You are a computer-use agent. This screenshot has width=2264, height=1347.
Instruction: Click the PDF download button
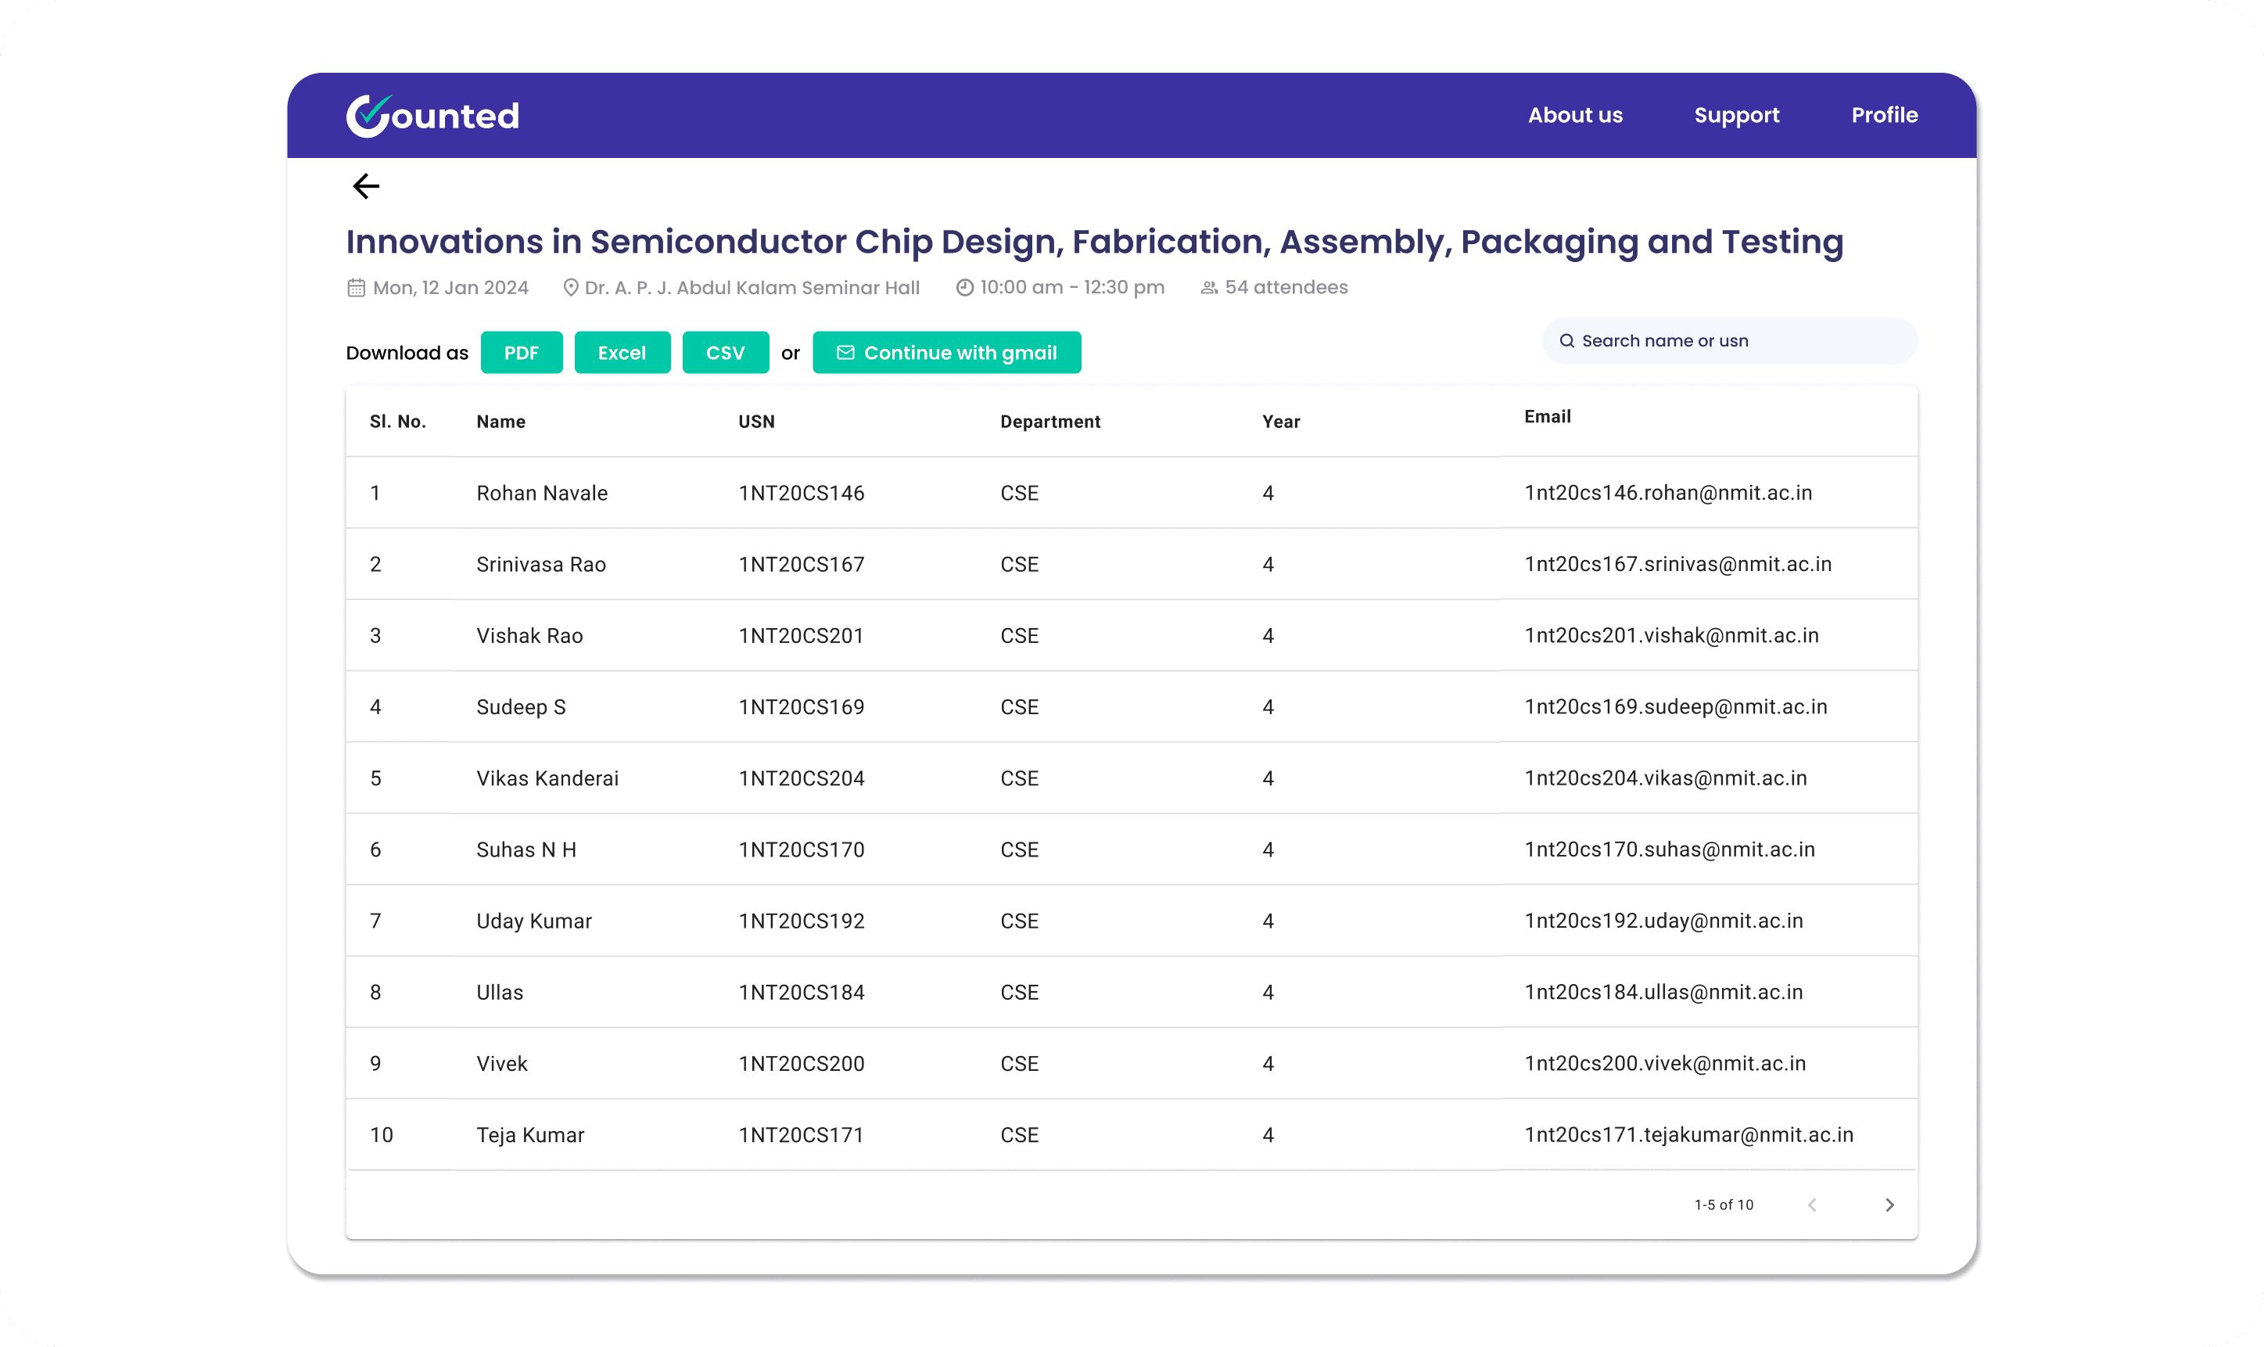pyautogui.click(x=521, y=352)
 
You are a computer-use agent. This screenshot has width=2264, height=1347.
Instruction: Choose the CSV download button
pyautogui.click(x=725, y=352)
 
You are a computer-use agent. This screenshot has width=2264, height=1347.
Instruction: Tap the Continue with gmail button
pyautogui.click(x=946, y=352)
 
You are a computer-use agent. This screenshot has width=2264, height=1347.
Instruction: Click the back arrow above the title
pyautogui.click(x=366, y=186)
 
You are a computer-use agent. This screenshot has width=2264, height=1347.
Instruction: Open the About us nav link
pyautogui.click(x=1574, y=115)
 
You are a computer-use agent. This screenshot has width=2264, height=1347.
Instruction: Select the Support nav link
pyautogui.click(x=1737, y=115)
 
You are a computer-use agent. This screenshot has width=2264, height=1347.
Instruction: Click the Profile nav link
pyautogui.click(x=1884, y=115)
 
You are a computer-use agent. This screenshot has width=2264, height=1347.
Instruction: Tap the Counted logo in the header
pyautogui.click(x=432, y=115)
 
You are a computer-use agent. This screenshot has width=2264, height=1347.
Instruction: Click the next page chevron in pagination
pyautogui.click(x=1889, y=1205)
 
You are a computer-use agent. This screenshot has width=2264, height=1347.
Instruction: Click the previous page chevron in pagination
pyautogui.click(x=1811, y=1205)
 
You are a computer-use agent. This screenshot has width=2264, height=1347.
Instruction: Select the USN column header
pyautogui.click(x=756, y=421)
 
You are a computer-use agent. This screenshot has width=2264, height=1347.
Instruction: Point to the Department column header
pyautogui.click(x=1049, y=421)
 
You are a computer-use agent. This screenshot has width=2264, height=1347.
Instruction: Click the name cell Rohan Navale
pyautogui.click(x=542, y=493)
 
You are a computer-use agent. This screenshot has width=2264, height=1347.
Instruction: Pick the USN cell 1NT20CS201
pyautogui.click(x=800, y=635)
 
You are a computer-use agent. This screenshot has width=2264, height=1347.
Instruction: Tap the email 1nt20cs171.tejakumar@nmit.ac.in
pyautogui.click(x=1688, y=1134)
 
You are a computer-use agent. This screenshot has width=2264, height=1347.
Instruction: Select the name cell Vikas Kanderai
pyautogui.click(x=547, y=778)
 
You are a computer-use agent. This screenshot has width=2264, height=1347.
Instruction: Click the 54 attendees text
pyautogui.click(x=1286, y=287)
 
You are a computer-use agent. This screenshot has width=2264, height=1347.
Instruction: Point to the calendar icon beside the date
pyautogui.click(x=356, y=288)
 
